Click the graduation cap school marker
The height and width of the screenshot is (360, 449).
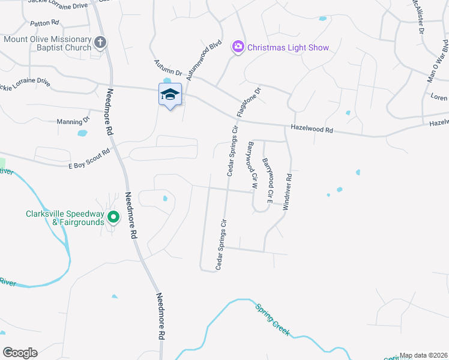point(170,94)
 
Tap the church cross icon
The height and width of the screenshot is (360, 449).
point(100,43)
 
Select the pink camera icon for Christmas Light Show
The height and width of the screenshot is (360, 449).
point(238,46)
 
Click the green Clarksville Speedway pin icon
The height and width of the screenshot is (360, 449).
point(112,217)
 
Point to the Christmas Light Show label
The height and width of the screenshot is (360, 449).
point(288,47)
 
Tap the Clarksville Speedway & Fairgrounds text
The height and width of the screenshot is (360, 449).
point(65,218)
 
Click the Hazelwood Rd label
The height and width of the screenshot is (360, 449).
point(312,128)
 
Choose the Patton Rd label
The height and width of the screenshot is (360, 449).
point(44,23)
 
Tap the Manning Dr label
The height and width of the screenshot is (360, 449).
point(73,121)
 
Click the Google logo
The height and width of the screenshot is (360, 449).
point(20,353)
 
